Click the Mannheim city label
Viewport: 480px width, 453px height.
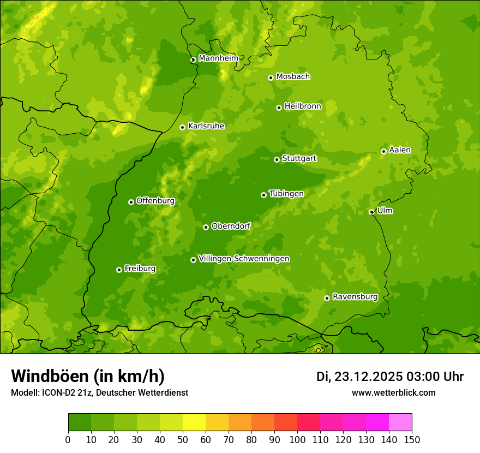coord(218,58)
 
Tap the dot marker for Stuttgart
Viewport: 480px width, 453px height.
coord(277,159)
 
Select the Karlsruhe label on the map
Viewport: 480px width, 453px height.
coord(206,126)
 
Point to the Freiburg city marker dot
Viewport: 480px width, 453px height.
coord(119,270)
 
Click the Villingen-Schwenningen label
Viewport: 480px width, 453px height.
coord(244,259)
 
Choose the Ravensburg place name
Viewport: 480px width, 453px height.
coord(355,297)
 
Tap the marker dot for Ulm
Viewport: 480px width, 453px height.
coord(371,212)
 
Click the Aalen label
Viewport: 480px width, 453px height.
coord(400,150)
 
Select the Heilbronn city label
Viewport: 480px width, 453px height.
coord(303,106)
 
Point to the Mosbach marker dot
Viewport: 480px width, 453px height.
coord(271,78)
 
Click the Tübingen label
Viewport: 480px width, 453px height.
coord(286,194)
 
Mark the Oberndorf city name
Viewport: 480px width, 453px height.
coord(231,226)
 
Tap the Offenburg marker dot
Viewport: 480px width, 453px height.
coord(131,202)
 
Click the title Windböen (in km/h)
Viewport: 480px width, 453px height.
coord(88,376)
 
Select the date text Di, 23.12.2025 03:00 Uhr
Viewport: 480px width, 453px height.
coord(390,377)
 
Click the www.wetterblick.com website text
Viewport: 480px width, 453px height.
coord(393,392)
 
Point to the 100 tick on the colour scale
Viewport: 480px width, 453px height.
coord(297,439)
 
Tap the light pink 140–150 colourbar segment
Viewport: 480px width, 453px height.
coord(400,422)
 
